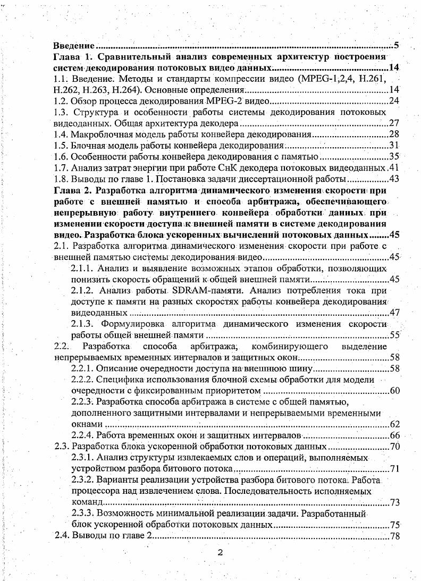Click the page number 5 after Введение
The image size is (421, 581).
[x=397, y=46]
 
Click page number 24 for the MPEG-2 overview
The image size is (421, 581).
[x=394, y=100]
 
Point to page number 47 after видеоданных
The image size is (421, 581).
[x=394, y=313]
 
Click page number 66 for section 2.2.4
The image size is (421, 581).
[x=394, y=435]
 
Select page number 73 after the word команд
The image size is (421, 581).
[x=394, y=502]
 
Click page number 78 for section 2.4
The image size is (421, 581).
[x=394, y=536]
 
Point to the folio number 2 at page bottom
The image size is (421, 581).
[x=220, y=553]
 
